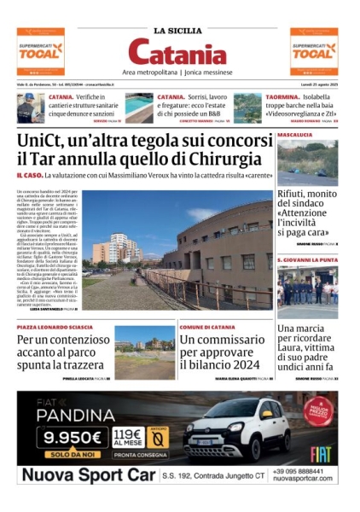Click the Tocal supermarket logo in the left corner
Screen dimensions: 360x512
pyautogui.click(x=40, y=51)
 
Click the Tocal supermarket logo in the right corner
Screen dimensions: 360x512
pyautogui.click(x=314, y=51)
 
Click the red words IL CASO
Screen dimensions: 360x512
pyautogui.click(x=32, y=176)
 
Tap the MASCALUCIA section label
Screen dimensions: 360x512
pyautogui.click(x=295, y=135)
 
